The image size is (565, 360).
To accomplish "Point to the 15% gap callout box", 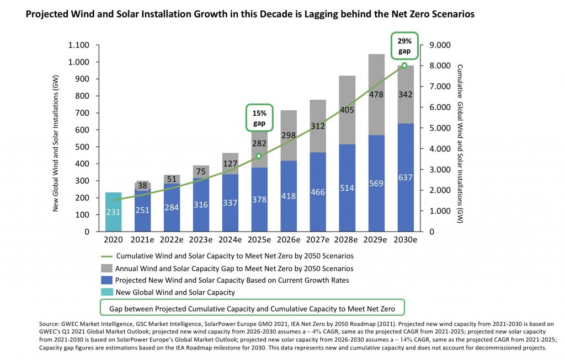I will pyautogui.click(x=259, y=117).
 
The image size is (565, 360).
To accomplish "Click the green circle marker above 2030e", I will pyautogui.click(x=404, y=66).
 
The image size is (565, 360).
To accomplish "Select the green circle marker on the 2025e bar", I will pyautogui.click(x=259, y=157).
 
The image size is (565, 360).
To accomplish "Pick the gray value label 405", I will pyautogui.click(x=347, y=110).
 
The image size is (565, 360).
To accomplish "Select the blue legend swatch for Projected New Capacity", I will pyautogui.click(x=106, y=280).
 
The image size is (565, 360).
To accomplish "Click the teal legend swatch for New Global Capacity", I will pyautogui.click(x=106, y=292).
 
